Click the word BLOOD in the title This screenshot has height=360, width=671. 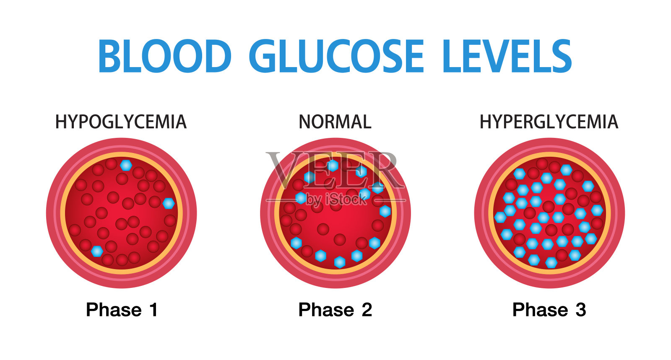164,56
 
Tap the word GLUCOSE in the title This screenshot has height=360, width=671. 336,56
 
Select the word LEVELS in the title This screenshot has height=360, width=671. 507,56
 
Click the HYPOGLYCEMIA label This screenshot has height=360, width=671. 121,122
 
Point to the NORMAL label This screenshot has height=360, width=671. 335,122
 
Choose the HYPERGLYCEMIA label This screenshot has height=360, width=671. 549,122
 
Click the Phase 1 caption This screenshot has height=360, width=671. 122,310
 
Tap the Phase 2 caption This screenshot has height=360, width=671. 335,310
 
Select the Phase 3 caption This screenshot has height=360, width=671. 549,310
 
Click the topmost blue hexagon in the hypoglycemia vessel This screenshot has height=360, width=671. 126,165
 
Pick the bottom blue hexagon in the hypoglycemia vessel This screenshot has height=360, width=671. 97,251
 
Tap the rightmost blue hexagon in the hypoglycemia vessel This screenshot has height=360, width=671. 169,203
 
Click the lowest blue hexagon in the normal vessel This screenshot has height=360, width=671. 340,262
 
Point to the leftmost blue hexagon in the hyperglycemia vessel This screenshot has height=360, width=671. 500,217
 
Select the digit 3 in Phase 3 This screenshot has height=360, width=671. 580,310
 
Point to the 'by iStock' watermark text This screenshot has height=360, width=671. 336,200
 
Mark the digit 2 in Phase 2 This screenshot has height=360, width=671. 367,310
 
